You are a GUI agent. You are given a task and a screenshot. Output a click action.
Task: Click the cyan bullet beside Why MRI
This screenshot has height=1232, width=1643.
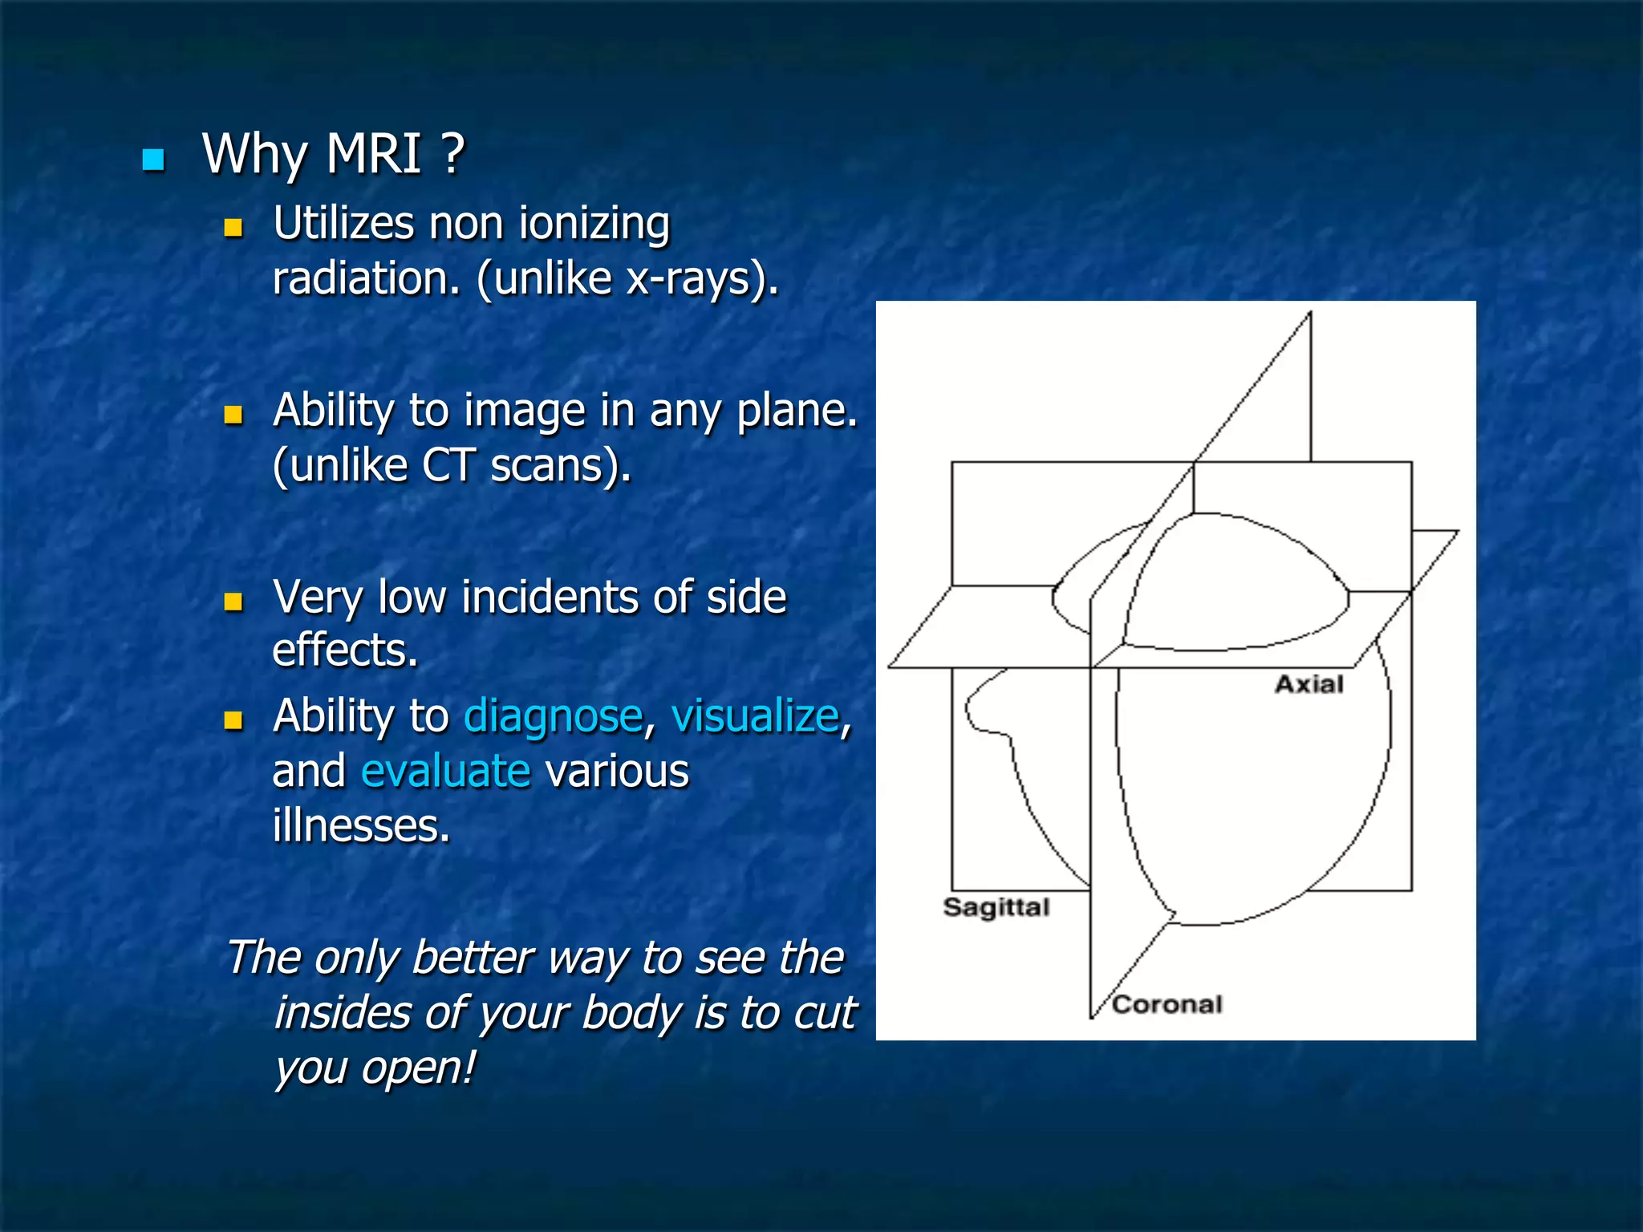tap(153, 160)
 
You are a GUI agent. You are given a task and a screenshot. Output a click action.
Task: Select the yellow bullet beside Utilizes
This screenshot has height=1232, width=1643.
tap(233, 228)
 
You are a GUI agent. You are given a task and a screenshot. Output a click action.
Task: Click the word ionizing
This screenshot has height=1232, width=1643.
tap(594, 225)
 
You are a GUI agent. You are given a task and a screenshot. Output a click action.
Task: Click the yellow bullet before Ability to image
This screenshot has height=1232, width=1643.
tap(233, 415)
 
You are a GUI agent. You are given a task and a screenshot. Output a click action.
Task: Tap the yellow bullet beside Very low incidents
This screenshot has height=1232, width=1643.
tap(233, 602)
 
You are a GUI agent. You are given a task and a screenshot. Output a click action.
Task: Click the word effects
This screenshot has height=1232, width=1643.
tap(345, 650)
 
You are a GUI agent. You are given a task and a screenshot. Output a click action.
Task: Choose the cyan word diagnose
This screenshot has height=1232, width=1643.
tap(554, 717)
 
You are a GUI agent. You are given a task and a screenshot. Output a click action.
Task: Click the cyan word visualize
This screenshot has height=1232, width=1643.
tap(755, 716)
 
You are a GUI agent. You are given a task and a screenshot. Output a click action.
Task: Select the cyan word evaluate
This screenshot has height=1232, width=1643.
tap(446, 772)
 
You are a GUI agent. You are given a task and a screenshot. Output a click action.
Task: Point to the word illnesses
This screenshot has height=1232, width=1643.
tap(361, 826)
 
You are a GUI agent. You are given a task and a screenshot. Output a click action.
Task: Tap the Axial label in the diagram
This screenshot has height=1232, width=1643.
tap(1309, 684)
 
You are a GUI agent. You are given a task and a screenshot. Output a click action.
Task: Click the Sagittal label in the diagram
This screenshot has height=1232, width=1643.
tap(996, 907)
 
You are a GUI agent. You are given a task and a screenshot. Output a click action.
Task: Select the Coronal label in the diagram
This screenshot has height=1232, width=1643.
tap(1167, 1004)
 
